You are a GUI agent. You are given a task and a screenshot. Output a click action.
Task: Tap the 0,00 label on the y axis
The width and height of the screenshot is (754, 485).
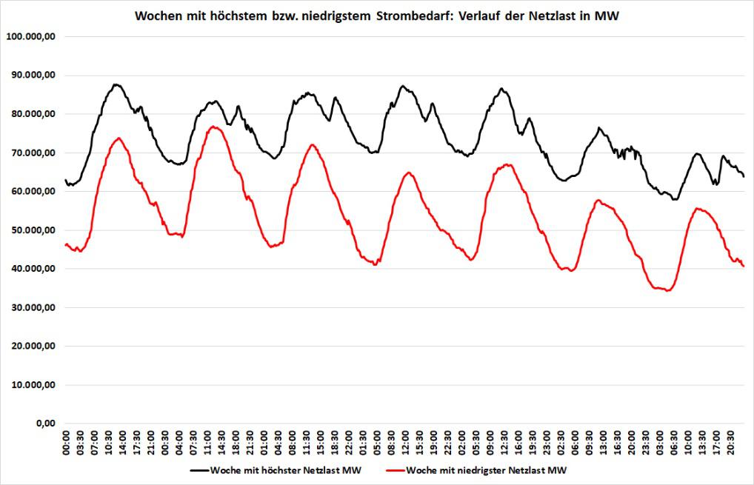tap(49, 424)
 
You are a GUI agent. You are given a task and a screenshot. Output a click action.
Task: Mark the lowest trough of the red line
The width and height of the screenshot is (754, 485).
tap(668, 291)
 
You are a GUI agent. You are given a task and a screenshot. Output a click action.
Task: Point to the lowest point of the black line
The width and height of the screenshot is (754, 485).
tap(674, 199)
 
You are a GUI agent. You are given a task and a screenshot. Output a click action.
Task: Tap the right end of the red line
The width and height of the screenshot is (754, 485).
tap(744, 267)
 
